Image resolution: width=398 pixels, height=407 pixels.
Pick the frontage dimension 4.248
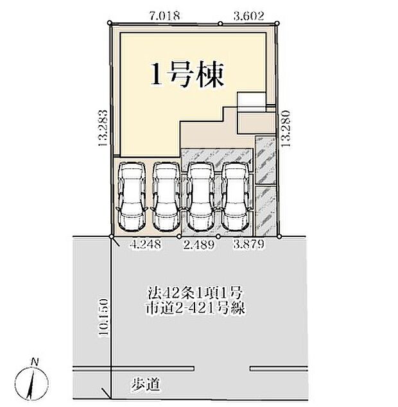click(x=146, y=245)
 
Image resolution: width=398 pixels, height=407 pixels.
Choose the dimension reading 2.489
click(x=198, y=245)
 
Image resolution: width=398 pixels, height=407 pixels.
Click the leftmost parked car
click(x=132, y=196)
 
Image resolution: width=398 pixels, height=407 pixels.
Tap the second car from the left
click(x=166, y=196)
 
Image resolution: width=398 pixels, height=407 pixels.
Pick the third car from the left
click(x=200, y=196)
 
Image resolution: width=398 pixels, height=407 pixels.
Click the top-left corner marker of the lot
click(x=110, y=24)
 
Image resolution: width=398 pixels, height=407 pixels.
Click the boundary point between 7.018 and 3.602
click(x=220, y=24)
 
